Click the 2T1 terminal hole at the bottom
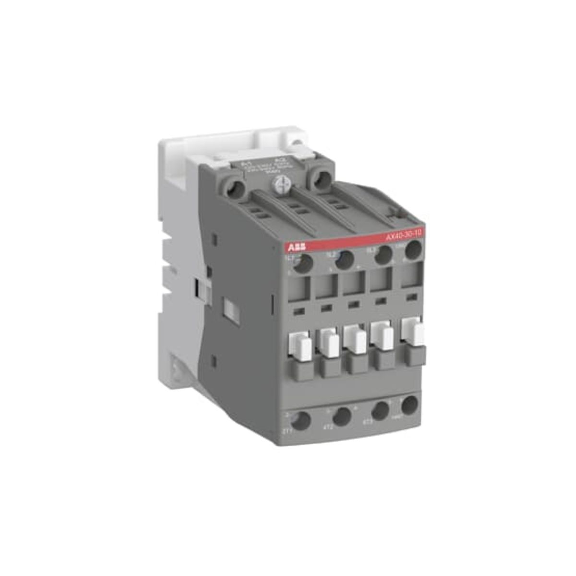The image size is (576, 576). (x=301, y=421)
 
